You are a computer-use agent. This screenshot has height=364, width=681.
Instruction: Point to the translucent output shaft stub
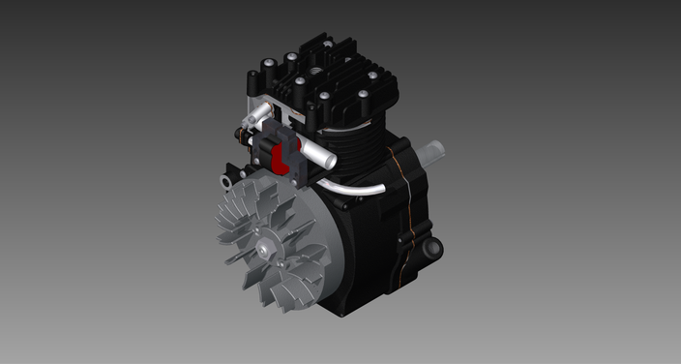433,152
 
